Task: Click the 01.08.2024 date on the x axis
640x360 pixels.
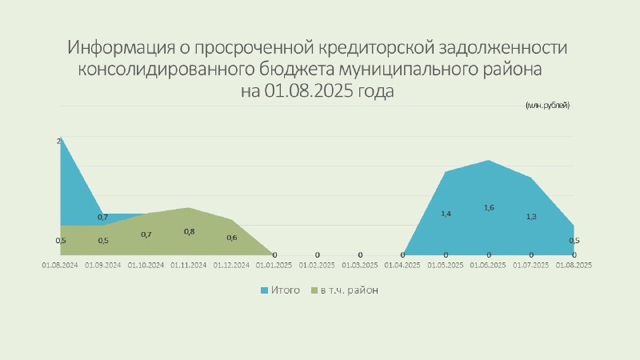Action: tap(60, 266)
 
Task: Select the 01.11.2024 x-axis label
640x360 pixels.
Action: tap(189, 266)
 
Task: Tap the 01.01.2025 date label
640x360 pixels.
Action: tap(274, 266)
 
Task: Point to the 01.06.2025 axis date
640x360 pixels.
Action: tap(488, 266)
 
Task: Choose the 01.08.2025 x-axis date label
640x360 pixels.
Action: tap(574, 266)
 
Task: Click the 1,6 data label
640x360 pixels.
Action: tap(489, 208)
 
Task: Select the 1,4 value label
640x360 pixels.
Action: tap(446, 214)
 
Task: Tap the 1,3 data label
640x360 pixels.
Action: tap(531, 217)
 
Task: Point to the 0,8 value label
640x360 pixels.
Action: tap(190, 232)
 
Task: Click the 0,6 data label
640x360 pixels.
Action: tap(232, 238)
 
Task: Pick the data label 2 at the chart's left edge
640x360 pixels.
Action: tap(58, 142)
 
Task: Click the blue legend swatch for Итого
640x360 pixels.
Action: tap(265, 290)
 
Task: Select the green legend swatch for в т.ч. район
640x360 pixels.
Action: tap(314, 290)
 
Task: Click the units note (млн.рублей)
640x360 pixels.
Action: tap(547, 106)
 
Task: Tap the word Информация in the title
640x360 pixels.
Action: tap(121, 48)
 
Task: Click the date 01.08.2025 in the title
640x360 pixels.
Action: tap(309, 90)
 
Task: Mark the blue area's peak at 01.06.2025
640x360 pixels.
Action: tap(489, 161)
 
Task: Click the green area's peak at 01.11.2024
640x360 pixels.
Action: tap(189, 208)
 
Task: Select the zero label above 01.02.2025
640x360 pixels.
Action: tap(317, 255)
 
